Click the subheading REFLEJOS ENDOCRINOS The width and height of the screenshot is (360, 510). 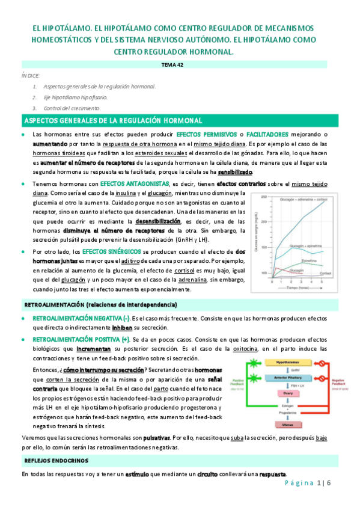click(55, 461)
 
